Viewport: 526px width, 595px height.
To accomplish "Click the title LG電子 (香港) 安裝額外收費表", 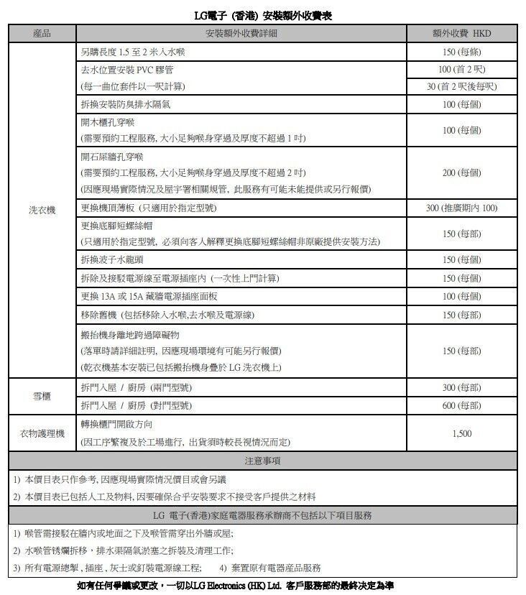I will click(263, 14).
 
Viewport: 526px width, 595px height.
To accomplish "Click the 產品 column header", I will click(42, 34).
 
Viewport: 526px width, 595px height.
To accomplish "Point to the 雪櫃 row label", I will click(42, 397).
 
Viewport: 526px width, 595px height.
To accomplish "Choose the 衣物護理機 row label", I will click(42, 434).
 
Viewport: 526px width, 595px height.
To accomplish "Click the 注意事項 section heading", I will click(262, 461).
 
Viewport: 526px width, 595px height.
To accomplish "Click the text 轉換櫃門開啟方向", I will click(117, 425).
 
